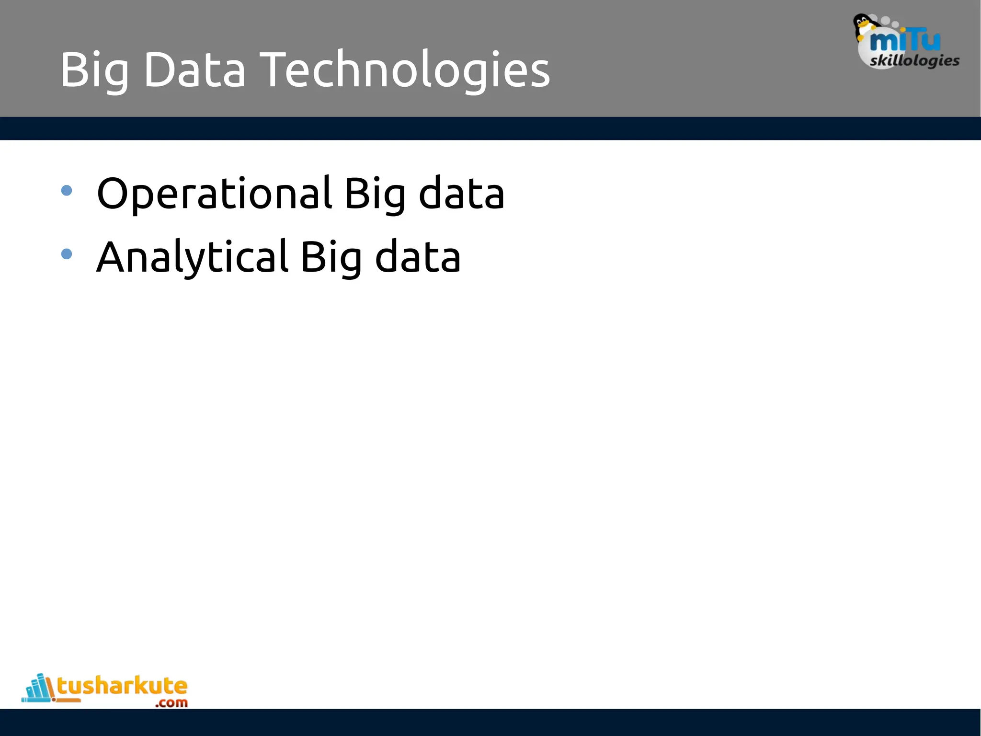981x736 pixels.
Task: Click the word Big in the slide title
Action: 94,71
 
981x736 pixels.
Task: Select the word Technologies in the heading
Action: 406,71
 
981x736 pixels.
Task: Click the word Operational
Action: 214,194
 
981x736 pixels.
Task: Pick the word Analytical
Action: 192,257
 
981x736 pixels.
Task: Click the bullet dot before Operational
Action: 67,191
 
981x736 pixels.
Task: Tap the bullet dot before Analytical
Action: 67,254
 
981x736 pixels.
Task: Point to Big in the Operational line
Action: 375,194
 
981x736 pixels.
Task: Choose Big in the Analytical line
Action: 331,257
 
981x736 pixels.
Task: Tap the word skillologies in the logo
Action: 914,61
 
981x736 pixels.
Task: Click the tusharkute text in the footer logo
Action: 122,686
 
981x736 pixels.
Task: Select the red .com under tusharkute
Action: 171,703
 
